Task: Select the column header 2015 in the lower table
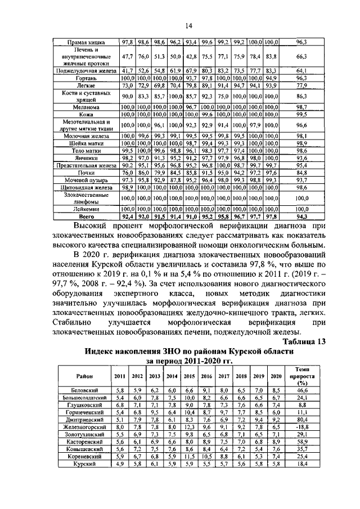pos(189,376)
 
